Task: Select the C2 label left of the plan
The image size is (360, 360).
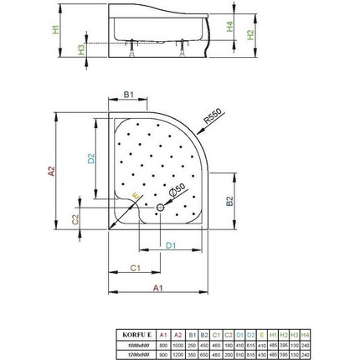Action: coord(75,219)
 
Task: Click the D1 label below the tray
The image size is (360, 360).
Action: coord(169,244)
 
